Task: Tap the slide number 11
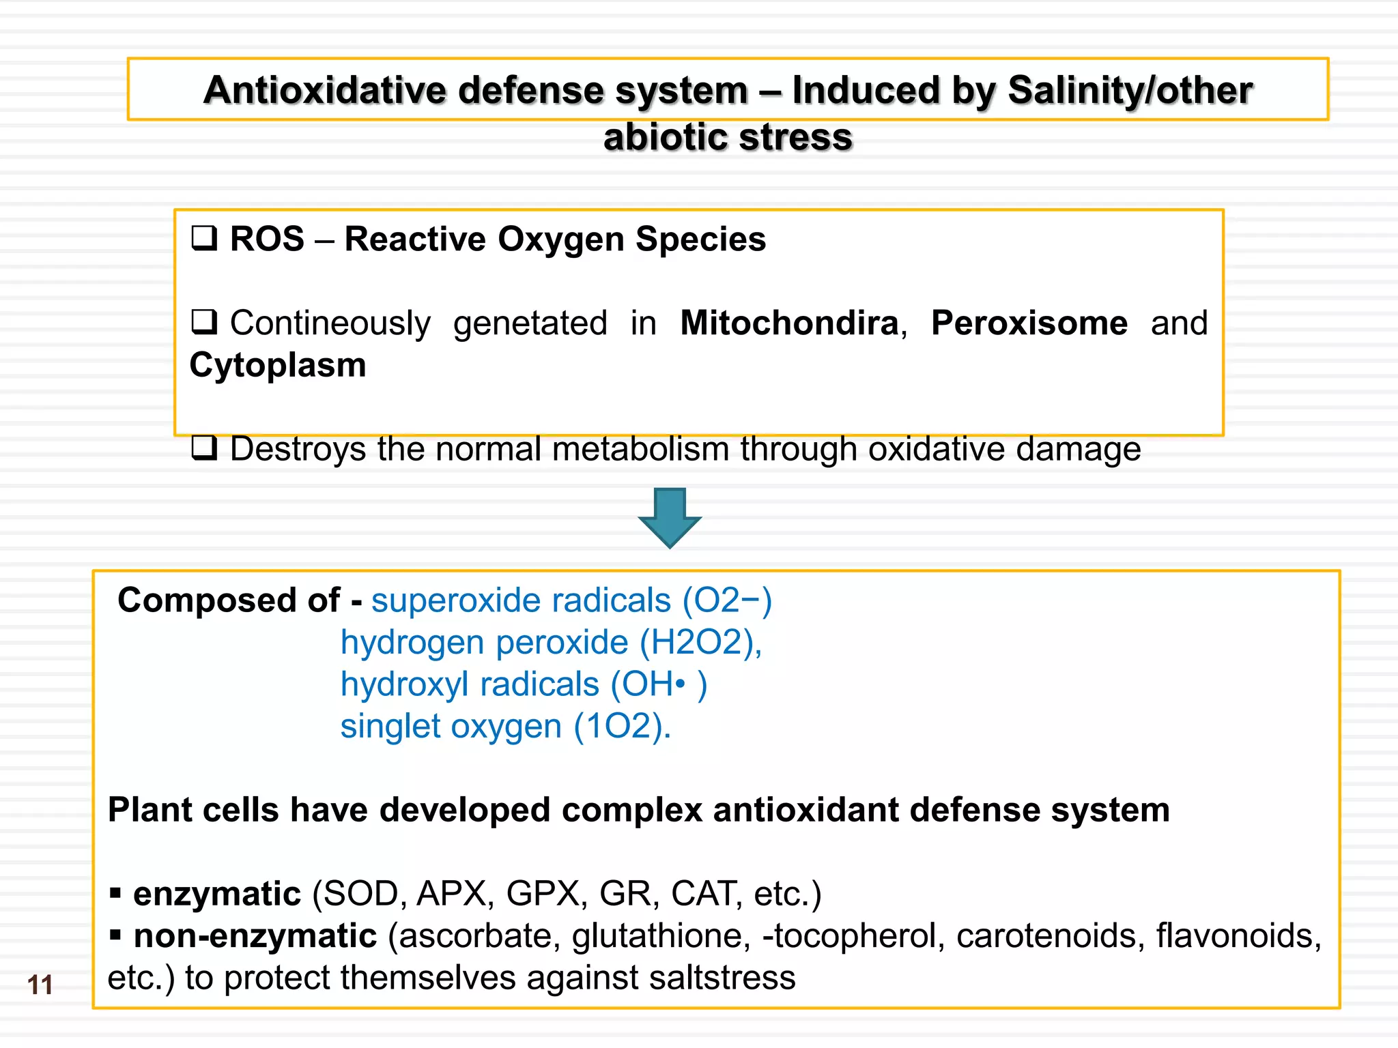coord(40,985)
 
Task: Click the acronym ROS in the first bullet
coord(267,239)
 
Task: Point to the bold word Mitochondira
coord(789,323)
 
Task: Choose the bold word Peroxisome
coord(1029,323)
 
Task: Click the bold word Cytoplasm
coord(278,365)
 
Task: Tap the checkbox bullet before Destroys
coord(204,448)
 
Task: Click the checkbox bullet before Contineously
coord(204,321)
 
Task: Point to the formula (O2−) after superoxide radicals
coord(727,600)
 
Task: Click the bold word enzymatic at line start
coord(216,894)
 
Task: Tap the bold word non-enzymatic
coord(255,936)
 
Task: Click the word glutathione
coord(661,936)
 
